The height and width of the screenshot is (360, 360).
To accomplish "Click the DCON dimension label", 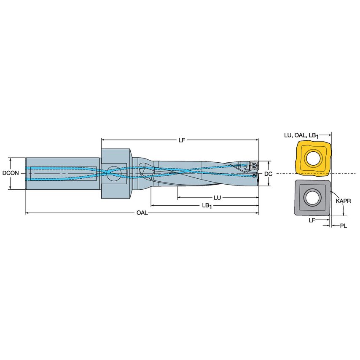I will [x=10, y=173].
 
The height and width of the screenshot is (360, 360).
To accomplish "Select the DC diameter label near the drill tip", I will [x=268, y=174].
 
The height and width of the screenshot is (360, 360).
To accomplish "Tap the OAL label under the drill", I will [x=142, y=213].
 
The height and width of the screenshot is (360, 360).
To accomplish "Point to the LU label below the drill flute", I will [x=218, y=197].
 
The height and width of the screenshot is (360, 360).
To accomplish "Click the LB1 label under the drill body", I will [x=207, y=205].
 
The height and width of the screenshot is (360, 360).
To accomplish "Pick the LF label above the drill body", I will [x=182, y=140].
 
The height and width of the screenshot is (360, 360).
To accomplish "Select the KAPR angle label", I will [x=344, y=201].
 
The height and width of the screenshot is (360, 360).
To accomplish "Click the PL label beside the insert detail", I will [x=344, y=226].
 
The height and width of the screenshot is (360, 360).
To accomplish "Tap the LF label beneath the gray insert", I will [x=312, y=220].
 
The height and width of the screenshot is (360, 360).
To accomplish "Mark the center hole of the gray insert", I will [x=313, y=198].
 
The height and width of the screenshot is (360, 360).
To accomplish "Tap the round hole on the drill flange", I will [x=113, y=172].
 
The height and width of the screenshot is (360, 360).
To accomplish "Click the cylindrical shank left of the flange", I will [x=63, y=173].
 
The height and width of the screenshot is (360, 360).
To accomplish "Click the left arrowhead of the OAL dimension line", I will [x=27, y=213].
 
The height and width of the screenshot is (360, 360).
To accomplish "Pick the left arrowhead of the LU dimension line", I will [x=179, y=197].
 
